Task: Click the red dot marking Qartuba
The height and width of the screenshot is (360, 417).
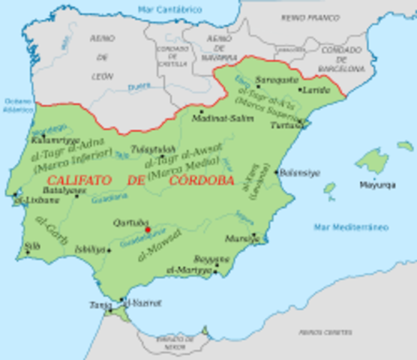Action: [x=148, y=229]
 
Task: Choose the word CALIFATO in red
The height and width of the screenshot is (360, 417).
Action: [x=76, y=181]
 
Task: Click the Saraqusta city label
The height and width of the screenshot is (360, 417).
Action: [x=274, y=79]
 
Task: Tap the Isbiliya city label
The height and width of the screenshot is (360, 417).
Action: [x=94, y=249]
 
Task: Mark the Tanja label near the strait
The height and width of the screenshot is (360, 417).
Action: [x=100, y=304]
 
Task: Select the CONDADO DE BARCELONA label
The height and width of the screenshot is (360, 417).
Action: [x=342, y=58]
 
